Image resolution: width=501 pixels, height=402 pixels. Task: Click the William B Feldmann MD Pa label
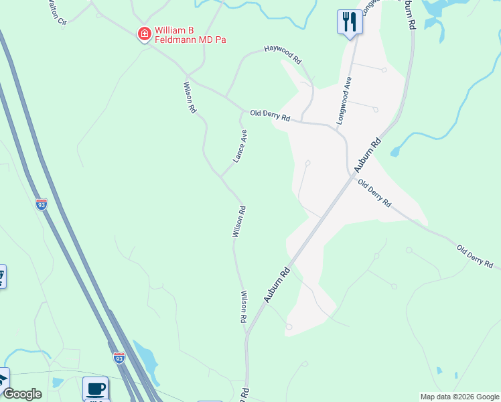click(x=190, y=35)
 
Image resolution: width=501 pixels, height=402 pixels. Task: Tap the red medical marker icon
click(x=143, y=33)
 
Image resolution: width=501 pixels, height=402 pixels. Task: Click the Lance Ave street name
click(x=240, y=146)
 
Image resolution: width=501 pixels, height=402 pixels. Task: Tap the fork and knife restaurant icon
click(x=349, y=21)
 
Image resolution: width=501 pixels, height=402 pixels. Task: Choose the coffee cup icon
click(x=95, y=388)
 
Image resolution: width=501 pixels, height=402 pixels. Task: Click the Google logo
click(x=22, y=394)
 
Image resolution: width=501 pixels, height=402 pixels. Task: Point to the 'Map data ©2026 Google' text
click(x=459, y=397)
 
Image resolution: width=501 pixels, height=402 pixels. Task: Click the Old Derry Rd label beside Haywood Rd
click(x=270, y=115)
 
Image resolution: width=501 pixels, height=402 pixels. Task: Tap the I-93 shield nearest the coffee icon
click(x=119, y=358)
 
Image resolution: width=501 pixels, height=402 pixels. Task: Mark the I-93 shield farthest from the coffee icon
click(x=42, y=204)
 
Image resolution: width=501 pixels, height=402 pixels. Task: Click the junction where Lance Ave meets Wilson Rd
click(x=220, y=176)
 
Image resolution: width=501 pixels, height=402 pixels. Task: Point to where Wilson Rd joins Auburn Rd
click(x=247, y=333)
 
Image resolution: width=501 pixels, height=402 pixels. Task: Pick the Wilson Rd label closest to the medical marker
click(x=190, y=97)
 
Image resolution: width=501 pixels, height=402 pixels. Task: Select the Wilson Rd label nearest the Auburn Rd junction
click(x=244, y=307)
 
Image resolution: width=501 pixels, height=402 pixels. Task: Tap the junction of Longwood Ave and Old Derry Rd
click(x=335, y=125)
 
